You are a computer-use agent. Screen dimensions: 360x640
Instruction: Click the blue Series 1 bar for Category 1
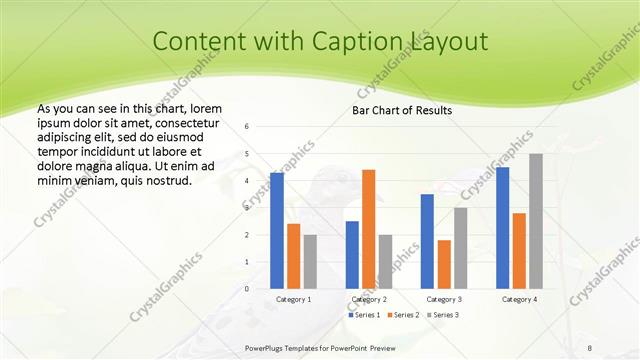277,231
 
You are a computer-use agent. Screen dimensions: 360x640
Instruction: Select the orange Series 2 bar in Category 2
368,229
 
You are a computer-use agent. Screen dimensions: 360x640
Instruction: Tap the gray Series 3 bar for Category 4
536,221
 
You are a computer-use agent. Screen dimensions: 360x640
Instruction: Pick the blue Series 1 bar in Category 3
427,241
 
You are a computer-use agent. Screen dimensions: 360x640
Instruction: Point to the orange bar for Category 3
444,264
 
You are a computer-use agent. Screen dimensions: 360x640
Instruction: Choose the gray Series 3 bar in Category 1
310,262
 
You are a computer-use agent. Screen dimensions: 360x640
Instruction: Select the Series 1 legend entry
363,315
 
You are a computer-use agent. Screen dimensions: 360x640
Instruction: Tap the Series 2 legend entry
402,315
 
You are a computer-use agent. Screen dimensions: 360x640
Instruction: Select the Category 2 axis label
369,299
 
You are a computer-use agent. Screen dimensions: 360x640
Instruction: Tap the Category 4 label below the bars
519,299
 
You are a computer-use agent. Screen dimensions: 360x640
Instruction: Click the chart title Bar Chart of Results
402,110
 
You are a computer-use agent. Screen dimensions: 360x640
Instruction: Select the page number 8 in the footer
589,348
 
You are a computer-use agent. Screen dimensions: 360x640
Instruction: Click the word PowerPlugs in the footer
265,348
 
